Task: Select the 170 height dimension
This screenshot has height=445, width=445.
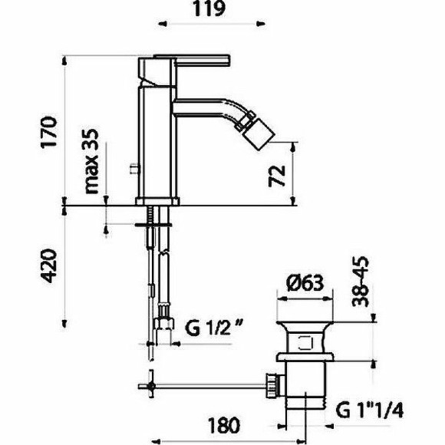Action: [x=49, y=132]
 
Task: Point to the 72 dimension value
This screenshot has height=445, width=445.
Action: [x=277, y=176]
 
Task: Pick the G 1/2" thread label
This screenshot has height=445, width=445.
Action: [x=214, y=327]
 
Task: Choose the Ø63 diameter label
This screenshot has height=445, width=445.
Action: [x=305, y=283]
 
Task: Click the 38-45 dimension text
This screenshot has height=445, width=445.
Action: [x=361, y=282]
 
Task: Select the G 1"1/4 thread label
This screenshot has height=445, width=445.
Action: [x=369, y=410]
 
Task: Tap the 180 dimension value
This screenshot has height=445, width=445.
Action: [x=224, y=425]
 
